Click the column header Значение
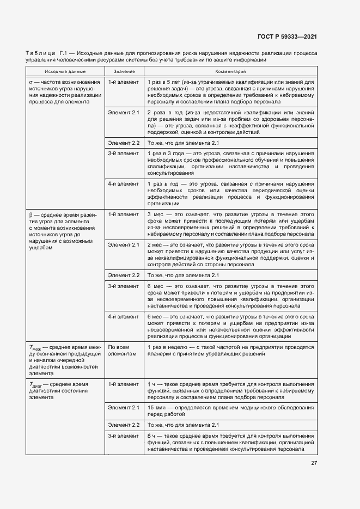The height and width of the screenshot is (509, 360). pos(124,71)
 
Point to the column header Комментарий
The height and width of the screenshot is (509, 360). pos(230,71)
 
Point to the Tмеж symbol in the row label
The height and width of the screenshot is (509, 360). pos(34,347)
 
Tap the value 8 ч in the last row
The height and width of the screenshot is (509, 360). pos(151,436)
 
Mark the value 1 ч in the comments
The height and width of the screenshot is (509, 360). pos(151,384)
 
